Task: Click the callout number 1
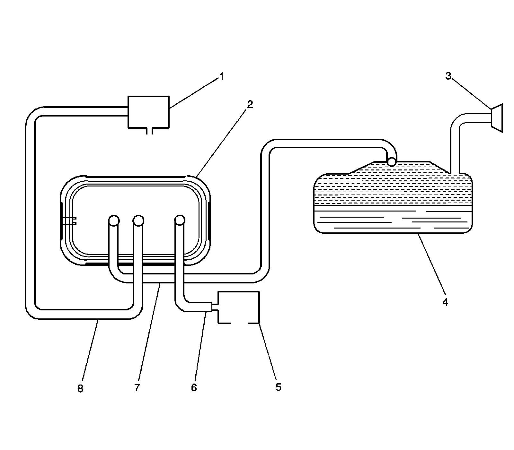(221, 77)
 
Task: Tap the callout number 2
(250, 104)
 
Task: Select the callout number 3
(448, 76)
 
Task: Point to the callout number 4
(445, 302)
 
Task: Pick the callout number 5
(278, 387)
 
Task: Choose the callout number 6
(194, 388)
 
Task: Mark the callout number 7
(137, 388)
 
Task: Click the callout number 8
(80, 389)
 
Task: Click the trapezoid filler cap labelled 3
(497, 118)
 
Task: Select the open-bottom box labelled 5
(238, 307)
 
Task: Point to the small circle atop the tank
(392, 161)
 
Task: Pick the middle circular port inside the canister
(138, 221)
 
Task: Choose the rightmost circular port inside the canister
(180, 220)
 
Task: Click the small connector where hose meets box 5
(214, 307)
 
